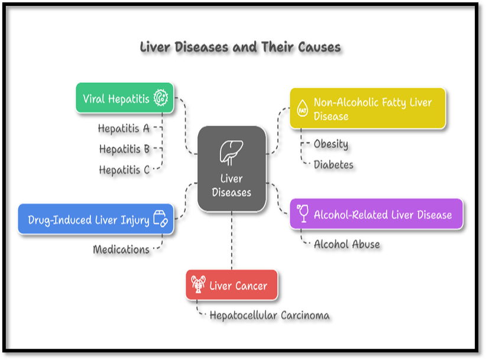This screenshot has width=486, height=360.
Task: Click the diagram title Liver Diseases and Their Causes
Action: coord(240,47)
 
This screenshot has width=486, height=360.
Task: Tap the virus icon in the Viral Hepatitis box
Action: coord(160,98)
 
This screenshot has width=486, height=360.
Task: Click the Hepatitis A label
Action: coord(124,127)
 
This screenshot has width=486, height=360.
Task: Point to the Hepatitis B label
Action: coord(124,149)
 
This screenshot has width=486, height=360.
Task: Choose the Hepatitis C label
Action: coord(124,170)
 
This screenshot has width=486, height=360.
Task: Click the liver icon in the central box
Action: coord(231,152)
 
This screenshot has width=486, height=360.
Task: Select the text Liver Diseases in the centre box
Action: coord(231,185)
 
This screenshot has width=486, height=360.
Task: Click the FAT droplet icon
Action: coord(302,108)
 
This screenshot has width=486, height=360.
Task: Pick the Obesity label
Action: coord(331,144)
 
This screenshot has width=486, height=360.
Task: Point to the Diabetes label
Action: coord(333,164)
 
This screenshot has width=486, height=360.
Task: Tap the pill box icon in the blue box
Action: coord(160,219)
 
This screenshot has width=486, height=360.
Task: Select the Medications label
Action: coord(121,249)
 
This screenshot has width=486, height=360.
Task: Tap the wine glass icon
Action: coord(303,214)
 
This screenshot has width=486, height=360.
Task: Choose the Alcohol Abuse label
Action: coord(346,244)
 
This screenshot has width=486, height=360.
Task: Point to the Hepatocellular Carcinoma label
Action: coord(269,316)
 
